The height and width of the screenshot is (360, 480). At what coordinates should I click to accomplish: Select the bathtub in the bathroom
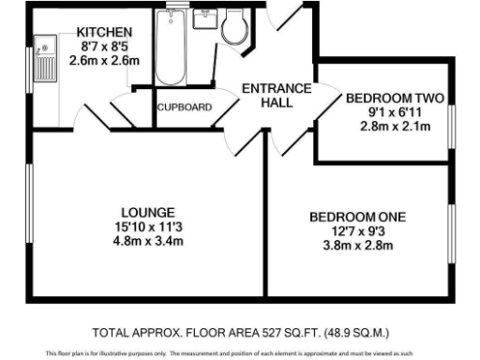(172, 48)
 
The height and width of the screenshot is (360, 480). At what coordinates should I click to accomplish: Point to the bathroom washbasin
(206, 21)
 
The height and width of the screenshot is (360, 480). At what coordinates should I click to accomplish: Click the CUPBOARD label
(185, 107)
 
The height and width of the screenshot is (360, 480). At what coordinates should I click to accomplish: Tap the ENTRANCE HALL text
(277, 96)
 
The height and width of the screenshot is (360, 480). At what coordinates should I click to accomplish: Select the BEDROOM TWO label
(395, 97)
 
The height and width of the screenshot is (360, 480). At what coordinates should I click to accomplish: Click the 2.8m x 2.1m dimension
(395, 127)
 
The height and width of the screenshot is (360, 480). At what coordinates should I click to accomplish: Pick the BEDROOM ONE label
(358, 217)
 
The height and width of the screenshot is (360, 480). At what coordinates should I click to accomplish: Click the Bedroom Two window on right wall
(452, 121)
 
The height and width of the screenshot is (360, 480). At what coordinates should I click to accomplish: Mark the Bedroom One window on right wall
(452, 234)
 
